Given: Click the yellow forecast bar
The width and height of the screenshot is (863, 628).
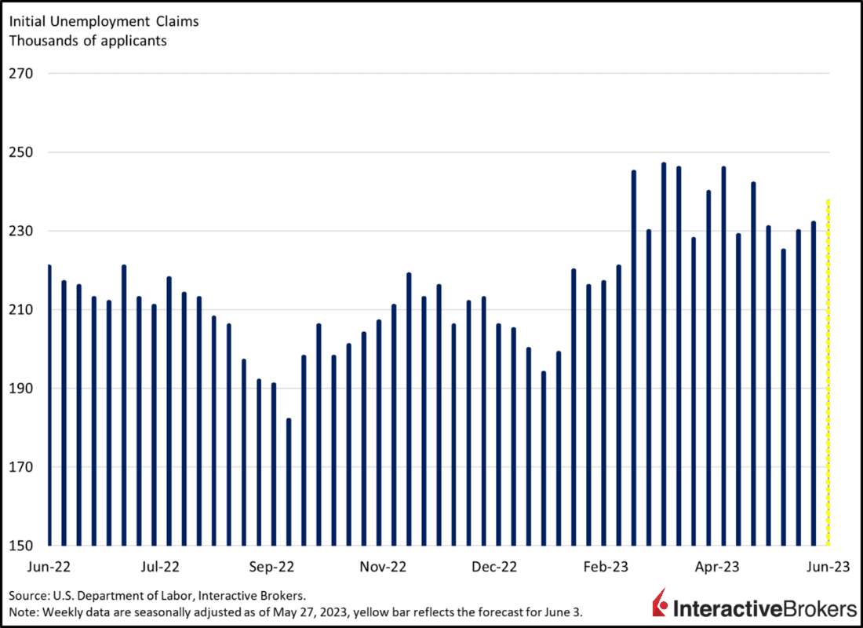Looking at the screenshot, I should (x=828, y=373).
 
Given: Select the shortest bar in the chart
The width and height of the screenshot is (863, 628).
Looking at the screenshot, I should (x=289, y=482).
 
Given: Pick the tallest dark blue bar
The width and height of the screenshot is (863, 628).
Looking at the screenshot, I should (x=664, y=354).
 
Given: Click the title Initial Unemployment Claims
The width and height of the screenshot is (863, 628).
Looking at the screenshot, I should (x=104, y=21).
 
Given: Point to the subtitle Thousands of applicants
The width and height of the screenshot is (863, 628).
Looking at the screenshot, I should (x=87, y=41).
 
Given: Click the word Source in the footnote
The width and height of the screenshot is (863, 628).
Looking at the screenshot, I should (x=27, y=594).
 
